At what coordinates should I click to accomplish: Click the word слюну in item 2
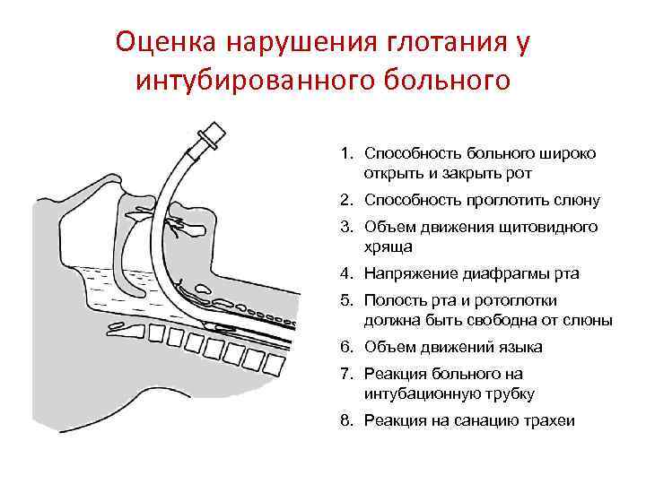(x=573, y=200)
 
